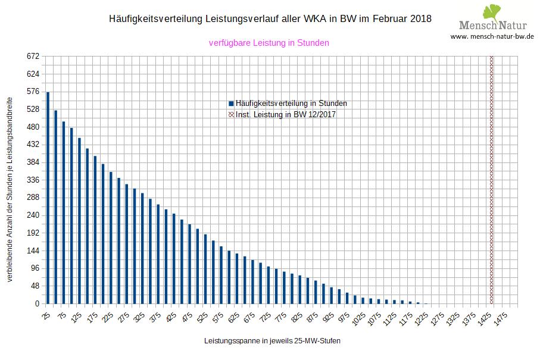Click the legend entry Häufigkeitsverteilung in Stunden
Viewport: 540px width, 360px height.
pyautogui.click(x=291, y=103)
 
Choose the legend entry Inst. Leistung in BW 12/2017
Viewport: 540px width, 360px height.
pyautogui.click(x=286, y=114)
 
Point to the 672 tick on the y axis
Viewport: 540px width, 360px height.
pyautogui.click(x=32, y=57)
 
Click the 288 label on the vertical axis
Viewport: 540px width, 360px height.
pyautogui.click(x=32, y=198)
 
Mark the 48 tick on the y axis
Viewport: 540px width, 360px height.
pyautogui.click(x=34, y=286)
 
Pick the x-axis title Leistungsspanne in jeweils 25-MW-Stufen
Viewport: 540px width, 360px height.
pyautogui.click(x=272, y=342)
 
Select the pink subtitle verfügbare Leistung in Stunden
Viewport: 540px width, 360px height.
pyautogui.click(x=269, y=43)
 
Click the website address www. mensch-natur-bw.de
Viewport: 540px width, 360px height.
pyautogui.click(x=492, y=36)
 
